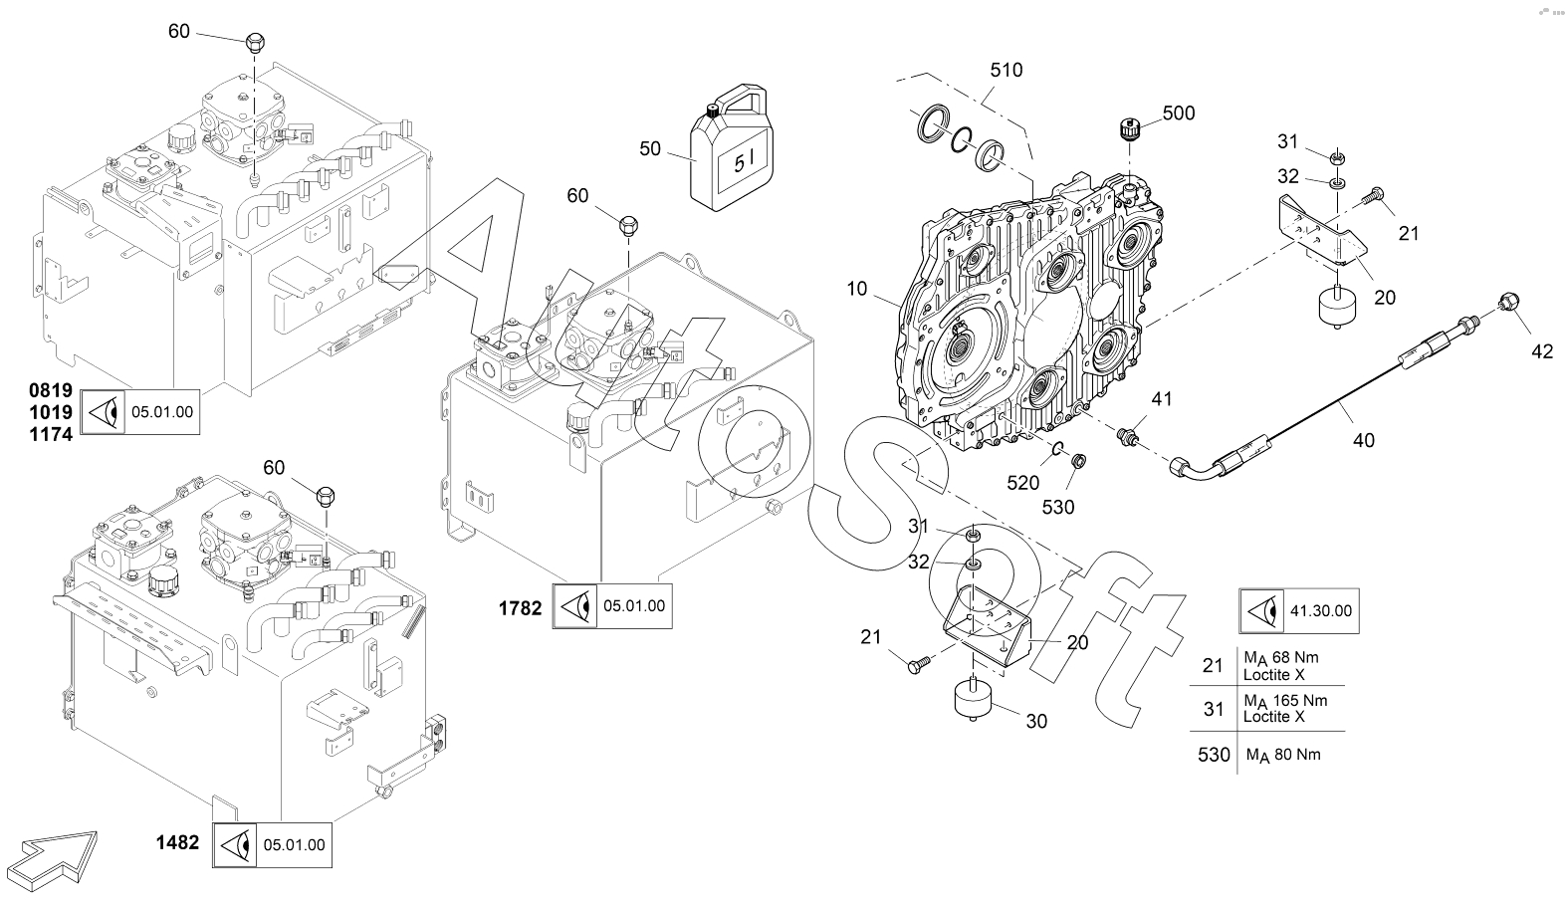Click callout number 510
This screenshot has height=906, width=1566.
click(1006, 71)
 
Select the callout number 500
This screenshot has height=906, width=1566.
click(1179, 113)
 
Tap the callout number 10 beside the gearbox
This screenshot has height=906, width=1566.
click(857, 290)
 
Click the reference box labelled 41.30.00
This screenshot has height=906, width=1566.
click(1299, 610)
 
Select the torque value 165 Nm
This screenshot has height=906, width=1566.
click(1284, 701)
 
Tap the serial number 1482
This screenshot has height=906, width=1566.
click(177, 843)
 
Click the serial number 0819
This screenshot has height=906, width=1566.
click(50, 389)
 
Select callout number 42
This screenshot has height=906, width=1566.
click(1542, 350)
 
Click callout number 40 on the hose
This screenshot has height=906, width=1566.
click(1363, 439)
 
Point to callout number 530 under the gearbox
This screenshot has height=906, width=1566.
click(1057, 507)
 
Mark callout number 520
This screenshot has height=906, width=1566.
click(1022, 484)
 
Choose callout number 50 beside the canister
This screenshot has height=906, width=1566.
click(650, 149)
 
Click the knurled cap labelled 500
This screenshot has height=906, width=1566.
click(1128, 127)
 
